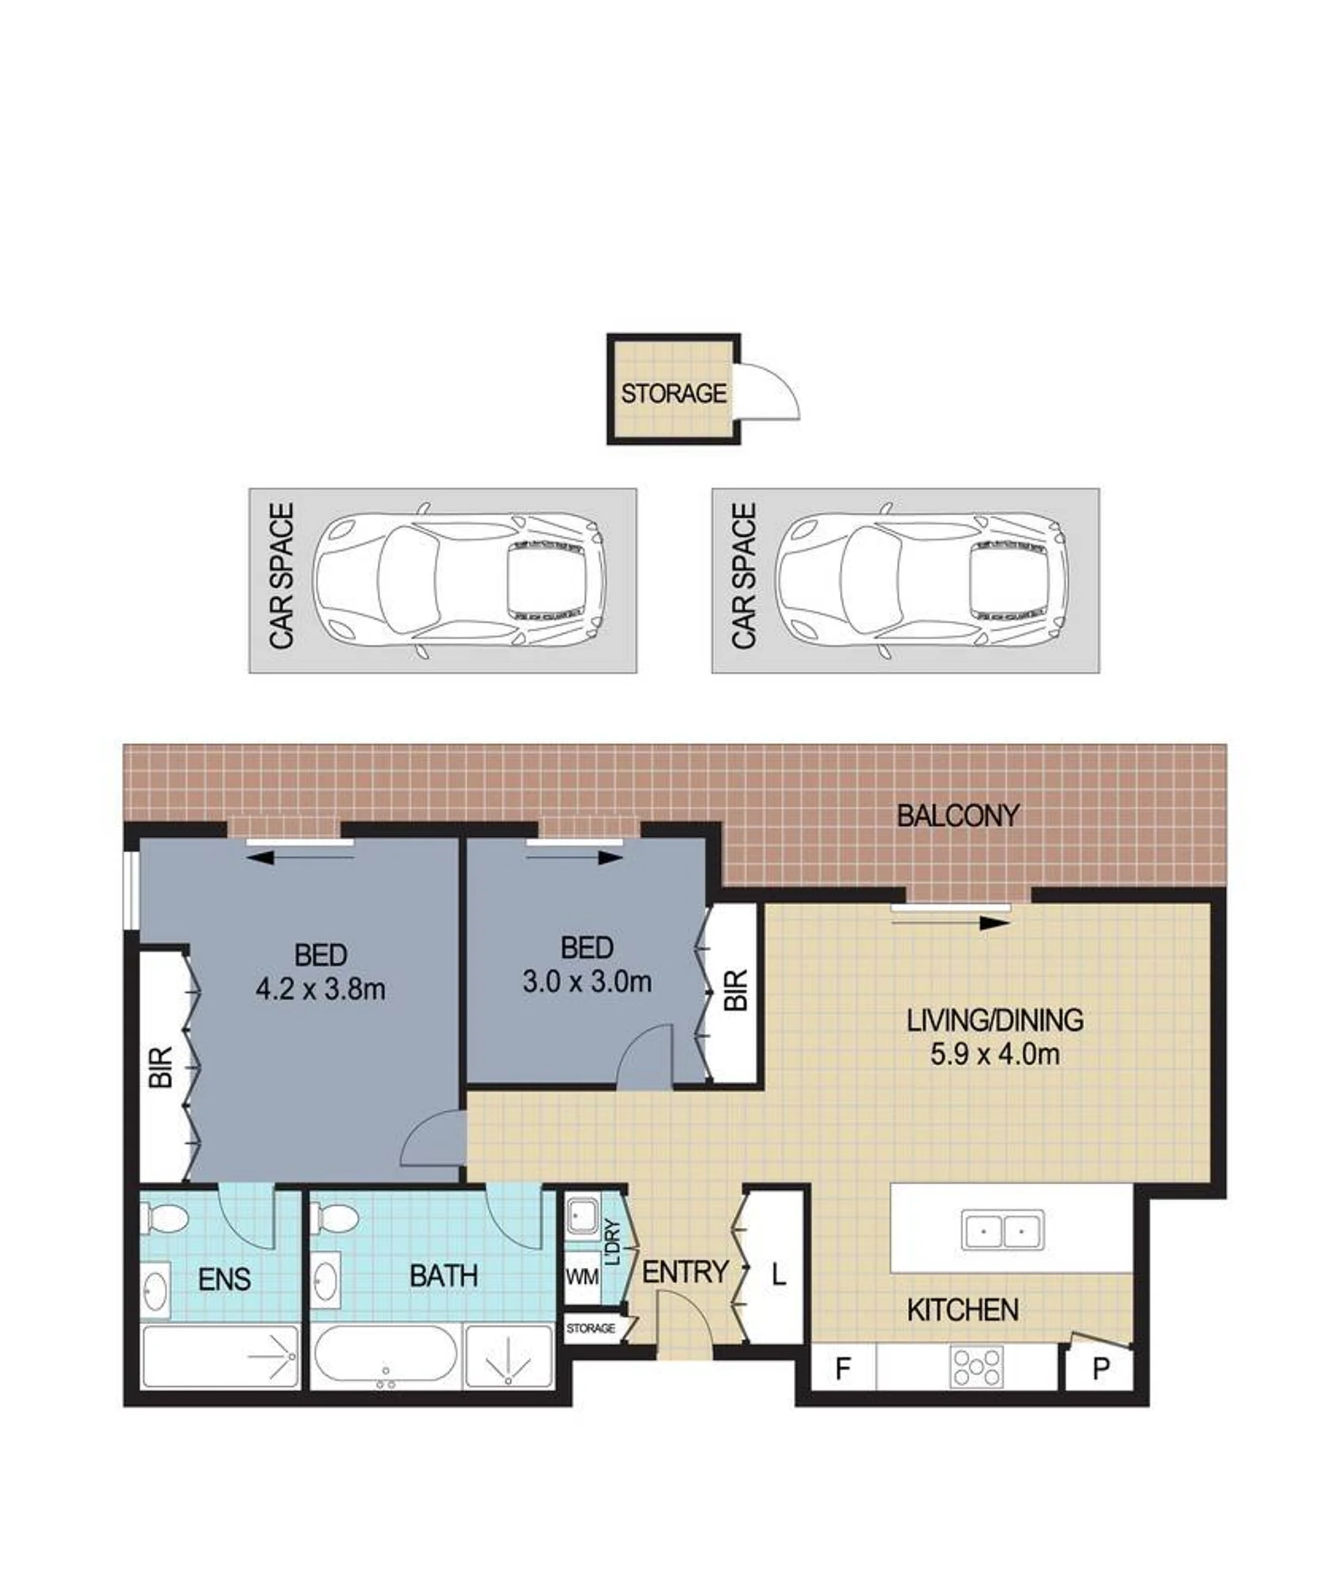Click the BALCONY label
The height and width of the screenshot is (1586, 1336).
pyautogui.click(x=958, y=816)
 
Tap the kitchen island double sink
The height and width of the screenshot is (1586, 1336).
pyautogui.click(x=1002, y=1230)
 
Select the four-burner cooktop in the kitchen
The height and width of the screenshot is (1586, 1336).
pyautogui.click(x=978, y=1366)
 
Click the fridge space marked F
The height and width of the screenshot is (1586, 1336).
pyautogui.click(x=843, y=1368)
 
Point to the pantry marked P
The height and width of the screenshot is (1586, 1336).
pyautogui.click(x=1099, y=1369)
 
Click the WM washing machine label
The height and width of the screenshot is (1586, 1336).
pyautogui.click(x=582, y=1276)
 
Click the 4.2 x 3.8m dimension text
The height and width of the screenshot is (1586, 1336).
pyautogui.click(x=320, y=988)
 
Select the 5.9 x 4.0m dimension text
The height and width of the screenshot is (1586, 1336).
pyautogui.click(x=994, y=1054)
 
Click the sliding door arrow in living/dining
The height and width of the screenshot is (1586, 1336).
pyautogui.click(x=951, y=923)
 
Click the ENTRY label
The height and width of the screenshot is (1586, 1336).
pyautogui.click(x=685, y=1271)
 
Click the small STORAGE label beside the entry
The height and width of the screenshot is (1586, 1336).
pyautogui.click(x=591, y=1328)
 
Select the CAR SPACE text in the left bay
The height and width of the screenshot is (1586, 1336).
pyautogui.click(x=281, y=576)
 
